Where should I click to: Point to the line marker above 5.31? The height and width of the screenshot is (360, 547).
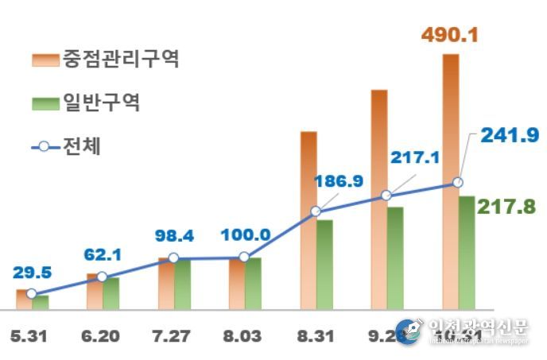32,293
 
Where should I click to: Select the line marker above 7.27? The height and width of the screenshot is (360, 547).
173,258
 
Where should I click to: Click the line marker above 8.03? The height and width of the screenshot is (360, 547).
244,257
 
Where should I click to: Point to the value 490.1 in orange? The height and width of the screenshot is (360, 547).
450,36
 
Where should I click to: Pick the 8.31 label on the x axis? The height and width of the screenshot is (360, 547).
316,336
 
